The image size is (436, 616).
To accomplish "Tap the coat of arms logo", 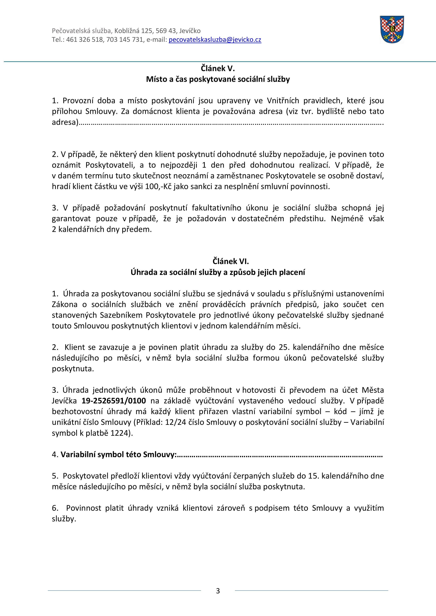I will tap(392, 29).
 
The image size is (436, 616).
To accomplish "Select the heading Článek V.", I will tap(218, 69).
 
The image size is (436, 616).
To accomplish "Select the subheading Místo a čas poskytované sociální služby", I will tap(218, 79).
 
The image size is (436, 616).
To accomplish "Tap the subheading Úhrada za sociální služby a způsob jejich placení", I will tap(218, 272).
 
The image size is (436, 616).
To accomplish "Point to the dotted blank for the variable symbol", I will tap(279, 455).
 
